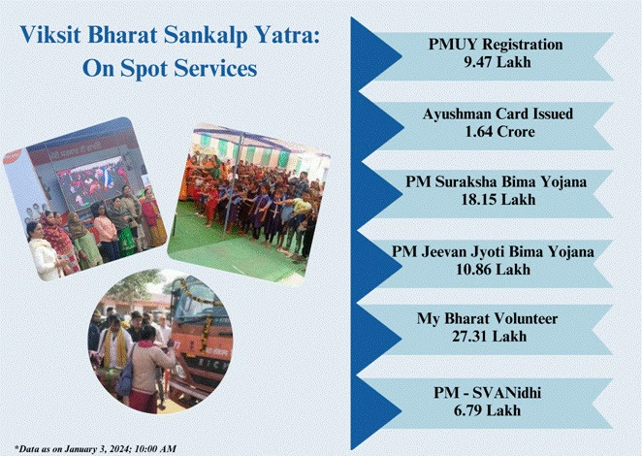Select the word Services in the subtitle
click(215, 68)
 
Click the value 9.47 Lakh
click(498, 62)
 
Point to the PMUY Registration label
click(496, 45)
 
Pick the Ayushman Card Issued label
click(498, 114)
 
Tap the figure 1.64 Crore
click(499, 132)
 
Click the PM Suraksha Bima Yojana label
click(497, 181)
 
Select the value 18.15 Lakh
click(498, 200)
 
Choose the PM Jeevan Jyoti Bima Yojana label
click(493, 251)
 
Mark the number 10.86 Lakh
click(493, 270)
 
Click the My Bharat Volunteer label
click(487, 319)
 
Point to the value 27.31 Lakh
click(490, 337)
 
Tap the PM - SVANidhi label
click(487, 393)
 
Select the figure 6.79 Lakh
click(487, 410)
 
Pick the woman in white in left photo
click(43, 251)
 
